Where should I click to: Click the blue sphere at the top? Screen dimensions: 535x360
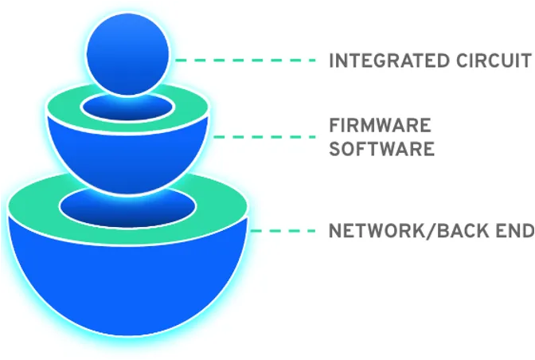127,55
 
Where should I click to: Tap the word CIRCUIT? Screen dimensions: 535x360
494,61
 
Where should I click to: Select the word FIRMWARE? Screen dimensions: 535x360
380,125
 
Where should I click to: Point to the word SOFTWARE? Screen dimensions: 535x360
382,149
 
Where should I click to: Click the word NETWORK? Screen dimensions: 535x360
377,231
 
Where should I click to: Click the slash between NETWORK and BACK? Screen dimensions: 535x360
430,231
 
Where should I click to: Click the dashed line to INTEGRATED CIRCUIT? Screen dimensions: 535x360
245,61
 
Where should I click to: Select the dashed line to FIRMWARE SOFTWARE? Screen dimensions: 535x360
264,137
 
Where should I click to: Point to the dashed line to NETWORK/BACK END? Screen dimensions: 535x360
283,231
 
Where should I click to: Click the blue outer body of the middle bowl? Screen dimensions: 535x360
127,160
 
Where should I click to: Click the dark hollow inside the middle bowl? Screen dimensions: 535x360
127,109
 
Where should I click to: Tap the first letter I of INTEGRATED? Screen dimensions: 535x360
331,61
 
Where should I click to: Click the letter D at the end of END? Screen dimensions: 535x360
528,231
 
